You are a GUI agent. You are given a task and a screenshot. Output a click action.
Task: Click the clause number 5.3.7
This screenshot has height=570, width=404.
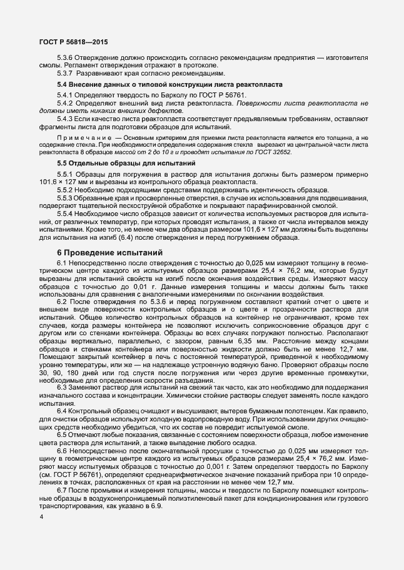click(x=65, y=73)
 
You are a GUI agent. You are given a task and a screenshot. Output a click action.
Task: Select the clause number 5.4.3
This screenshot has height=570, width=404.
click(x=65, y=118)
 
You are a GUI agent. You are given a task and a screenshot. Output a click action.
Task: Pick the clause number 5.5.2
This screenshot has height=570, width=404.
click(x=65, y=189)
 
